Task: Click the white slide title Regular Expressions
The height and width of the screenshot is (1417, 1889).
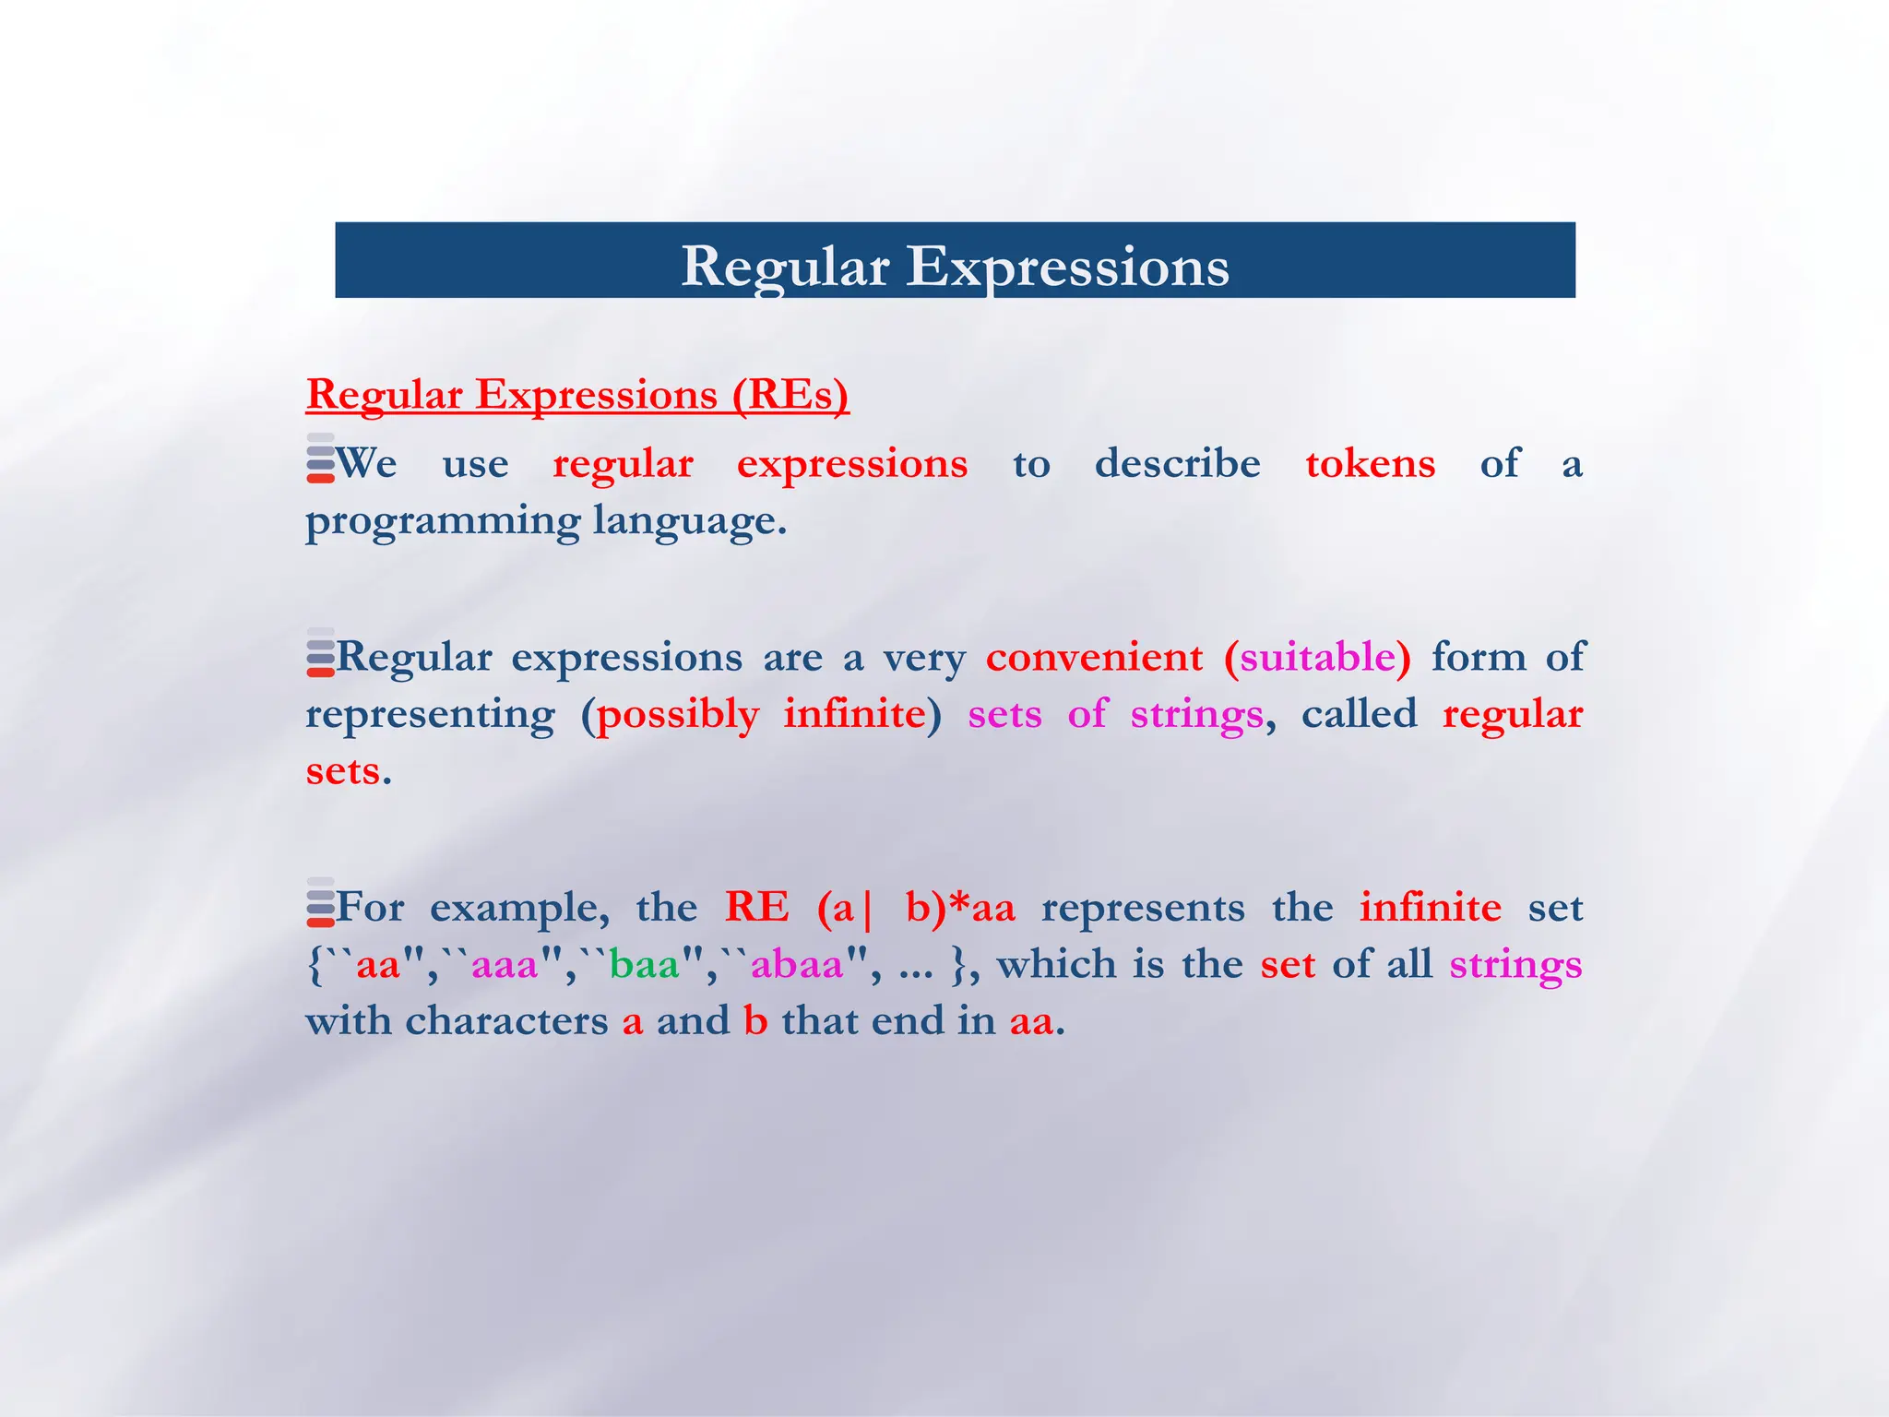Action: pyautogui.click(x=955, y=267)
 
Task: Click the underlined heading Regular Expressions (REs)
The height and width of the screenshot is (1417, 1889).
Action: pyautogui.click(x=577, y=395)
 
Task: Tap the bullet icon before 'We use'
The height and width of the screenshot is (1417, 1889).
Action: pyautogui.click(x=320, y=458)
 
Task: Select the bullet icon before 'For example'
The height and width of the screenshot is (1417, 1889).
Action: pyautogui.click(x=320, y=902)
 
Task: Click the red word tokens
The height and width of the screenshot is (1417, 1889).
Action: pyautogui.click(x=1370, y=464)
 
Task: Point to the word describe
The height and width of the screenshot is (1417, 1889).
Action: pyautogui.click(x=1177, y=463)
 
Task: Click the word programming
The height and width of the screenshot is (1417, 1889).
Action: pyautogui.click(x=443, y=522)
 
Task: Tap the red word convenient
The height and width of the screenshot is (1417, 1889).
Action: pyautogui.click(x=1094, y=658)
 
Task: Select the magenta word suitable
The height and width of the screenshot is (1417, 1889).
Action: pyautogui.click(x=1318, y=658)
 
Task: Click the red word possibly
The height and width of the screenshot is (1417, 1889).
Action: pyautogui.click(x=678, y=716)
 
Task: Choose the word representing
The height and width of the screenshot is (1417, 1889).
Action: pyautogui.click(x=430, y=716)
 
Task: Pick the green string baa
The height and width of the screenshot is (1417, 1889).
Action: pyautogui.click(x=645, y=966)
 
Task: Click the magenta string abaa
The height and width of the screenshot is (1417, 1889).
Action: pyautogui.click(x=798, y=966)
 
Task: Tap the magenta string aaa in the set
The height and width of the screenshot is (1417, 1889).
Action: pyautogui.click(x=505, y=966)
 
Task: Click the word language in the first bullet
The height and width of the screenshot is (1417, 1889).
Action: pyautogui.click(x=688, y=522)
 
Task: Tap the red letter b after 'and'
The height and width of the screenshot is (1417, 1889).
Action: pyautogui.click(x=755, y=1021)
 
